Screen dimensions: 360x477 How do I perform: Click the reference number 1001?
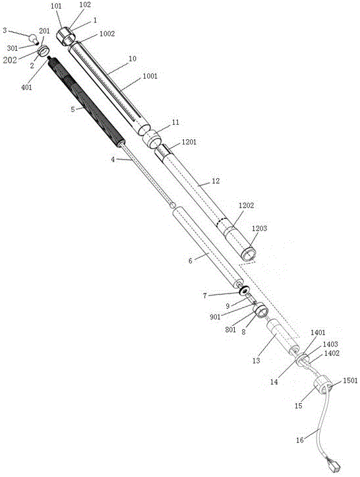(x=150, y=76)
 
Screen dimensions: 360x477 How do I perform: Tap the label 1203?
(x=259, y=228)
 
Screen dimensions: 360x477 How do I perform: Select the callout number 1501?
(x=350, y=380)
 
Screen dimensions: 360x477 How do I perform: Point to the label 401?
(x=26, y=88)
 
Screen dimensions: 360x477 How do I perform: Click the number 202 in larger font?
(x=10, y=60)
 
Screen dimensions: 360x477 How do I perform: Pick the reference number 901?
(x=215, y=317)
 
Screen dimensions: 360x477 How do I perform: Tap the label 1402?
(x=332, y=353)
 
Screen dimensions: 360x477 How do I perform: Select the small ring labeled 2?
(x=44, y=50)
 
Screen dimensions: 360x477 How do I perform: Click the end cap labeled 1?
(x=65, y=36)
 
